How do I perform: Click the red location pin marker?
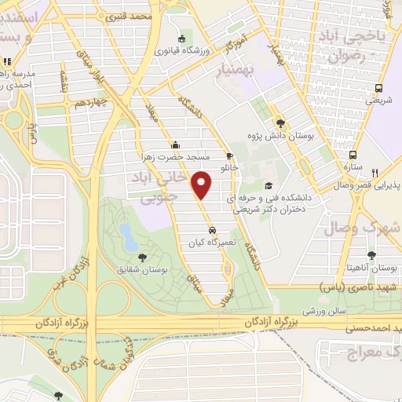point(204,185)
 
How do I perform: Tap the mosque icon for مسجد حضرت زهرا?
point(174,144)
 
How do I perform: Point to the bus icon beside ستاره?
point(353,155)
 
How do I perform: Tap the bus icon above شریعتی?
point(380,88)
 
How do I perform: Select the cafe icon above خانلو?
point(229,155)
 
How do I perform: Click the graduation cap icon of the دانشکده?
point(269,186)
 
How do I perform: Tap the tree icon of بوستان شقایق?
point(141,256)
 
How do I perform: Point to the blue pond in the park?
point(126,232)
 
